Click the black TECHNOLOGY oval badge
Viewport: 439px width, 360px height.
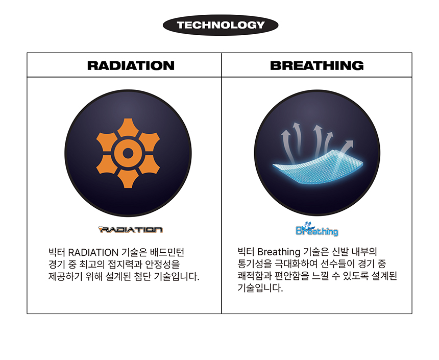(x=221, y=25)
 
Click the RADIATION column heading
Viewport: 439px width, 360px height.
(x=131, y=65)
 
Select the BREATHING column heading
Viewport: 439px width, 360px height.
(x=316, y=65)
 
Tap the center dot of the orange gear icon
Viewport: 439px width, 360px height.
(x=128, y=153)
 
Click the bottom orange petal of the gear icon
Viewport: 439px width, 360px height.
(x=128, y=179)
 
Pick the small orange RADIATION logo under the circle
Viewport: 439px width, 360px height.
(x=131, y=229)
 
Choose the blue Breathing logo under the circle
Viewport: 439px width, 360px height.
(x=316, y=229)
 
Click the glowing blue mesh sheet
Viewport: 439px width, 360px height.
(x=318, y=167)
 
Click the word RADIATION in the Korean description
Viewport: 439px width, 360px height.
(x=93, y=252)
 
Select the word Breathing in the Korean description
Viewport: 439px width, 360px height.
(x=279, y=252)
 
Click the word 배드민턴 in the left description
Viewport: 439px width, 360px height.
(x=167, y=252)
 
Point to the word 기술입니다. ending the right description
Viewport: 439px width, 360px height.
(x=260, y=287)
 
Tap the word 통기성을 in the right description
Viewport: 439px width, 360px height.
(x=255, y=264)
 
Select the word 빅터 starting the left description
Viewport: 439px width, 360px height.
(x=57, y=252)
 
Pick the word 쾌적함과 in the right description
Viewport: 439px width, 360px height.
(x=255, y=276)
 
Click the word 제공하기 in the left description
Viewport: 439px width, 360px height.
(x=65, y=276)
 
